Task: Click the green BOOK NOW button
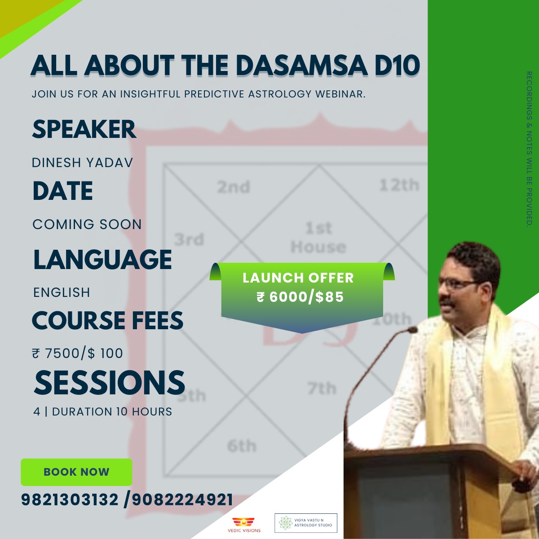point(76,472)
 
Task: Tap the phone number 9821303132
point(70,500)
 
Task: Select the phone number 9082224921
point(182,500)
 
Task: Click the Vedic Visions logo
point(244,525)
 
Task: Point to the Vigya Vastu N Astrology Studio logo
point(306,523)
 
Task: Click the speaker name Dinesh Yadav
point(82,163)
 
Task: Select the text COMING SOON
point(87,224)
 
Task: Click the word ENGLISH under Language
point(62,292)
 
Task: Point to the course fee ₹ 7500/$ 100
point(77,353)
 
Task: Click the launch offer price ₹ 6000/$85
point(300,297)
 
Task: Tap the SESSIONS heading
point(109,383)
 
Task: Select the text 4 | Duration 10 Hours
point(102,412)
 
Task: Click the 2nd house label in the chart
point(233,187)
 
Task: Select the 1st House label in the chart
point(318,238)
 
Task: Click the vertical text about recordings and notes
point(529,149)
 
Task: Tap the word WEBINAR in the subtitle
point(340,94)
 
